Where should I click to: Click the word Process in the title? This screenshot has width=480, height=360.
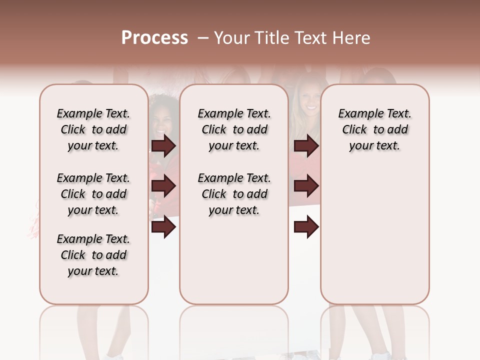[154, 38]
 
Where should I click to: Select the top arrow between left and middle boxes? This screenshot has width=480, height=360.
[163, 146]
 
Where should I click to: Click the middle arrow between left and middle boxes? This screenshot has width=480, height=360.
[163, 186]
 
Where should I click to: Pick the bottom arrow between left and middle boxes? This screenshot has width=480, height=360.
[163, 227]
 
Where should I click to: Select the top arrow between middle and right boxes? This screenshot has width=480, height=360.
[306, 146]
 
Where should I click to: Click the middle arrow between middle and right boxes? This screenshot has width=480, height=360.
[306, 186]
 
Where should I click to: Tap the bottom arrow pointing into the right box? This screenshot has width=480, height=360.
[306, 227]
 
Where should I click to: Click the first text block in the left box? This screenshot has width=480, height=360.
[93, 129]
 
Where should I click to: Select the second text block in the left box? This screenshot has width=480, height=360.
[93, 194]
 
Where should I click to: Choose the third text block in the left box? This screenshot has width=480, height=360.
[93, 255]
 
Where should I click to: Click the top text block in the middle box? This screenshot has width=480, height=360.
[234, 129]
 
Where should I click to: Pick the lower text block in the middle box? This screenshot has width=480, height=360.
[234, 194]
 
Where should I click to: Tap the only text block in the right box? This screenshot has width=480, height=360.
[374, 129]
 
